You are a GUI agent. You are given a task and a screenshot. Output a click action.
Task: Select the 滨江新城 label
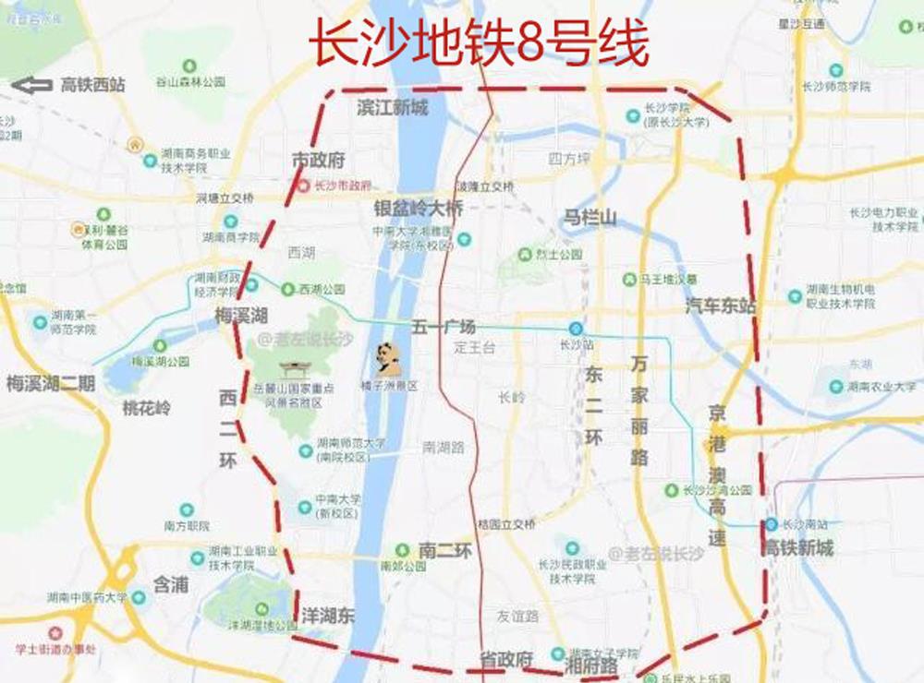(393, 108)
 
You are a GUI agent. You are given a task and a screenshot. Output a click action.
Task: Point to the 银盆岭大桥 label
(418, 209)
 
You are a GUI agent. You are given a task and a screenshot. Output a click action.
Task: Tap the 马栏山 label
(590, 218)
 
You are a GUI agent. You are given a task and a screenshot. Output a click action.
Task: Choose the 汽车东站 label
(720, 306)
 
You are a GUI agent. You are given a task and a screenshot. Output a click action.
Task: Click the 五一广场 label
(444, 328)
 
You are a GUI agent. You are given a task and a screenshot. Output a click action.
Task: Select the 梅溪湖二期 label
(50, 383)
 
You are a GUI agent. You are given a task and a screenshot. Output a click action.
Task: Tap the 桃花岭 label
(147, 407)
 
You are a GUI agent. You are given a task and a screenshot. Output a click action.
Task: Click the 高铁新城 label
(799, 548)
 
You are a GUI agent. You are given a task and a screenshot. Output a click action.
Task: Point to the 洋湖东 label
(327, 615)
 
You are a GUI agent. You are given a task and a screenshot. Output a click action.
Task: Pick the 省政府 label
(506, 659)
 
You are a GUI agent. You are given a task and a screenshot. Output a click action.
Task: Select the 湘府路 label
(590, 665)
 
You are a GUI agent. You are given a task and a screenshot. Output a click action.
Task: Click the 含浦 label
(171, 584)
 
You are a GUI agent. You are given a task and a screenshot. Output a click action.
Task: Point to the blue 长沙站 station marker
(576, 329)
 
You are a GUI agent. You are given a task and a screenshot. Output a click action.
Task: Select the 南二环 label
(445, 551)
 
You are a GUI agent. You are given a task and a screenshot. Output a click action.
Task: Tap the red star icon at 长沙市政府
(304, 186)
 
